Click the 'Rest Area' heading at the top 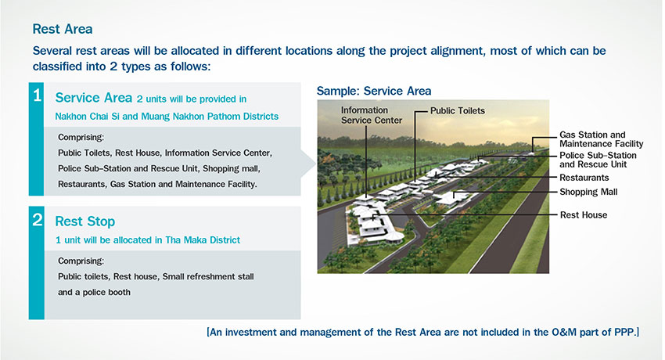point(63,29)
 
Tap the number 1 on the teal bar point(38,95)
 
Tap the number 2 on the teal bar point(38,220)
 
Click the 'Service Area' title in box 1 point(94,98)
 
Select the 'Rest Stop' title point(84,221)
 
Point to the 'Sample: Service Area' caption point(374,91)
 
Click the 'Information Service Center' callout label point(372,115)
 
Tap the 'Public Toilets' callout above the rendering point(457,110)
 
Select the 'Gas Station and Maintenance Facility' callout point(601,139)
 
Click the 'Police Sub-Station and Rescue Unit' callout point(598,160)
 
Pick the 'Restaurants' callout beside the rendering point(584,177)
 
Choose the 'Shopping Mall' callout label point(588,192)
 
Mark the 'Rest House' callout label point(584,215)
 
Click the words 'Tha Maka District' point(203,240)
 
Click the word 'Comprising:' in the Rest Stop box point(81,261)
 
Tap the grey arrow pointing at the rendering point(308,163)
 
